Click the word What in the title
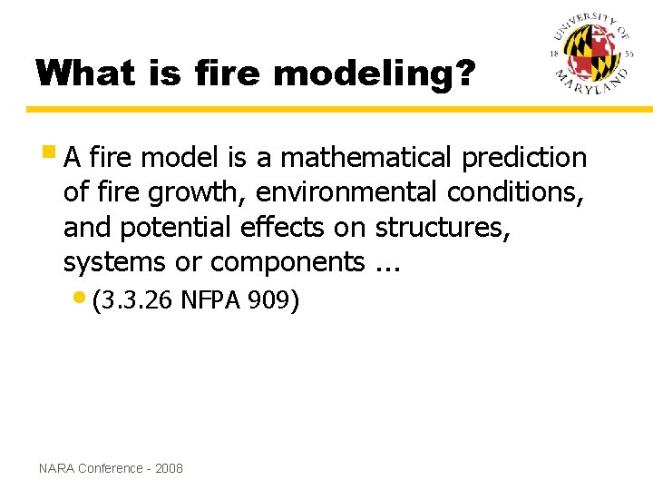[82, 73]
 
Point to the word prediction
[524, 158]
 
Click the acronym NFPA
[212, 300]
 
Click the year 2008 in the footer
[169, 468]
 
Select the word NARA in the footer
[57, 468]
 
